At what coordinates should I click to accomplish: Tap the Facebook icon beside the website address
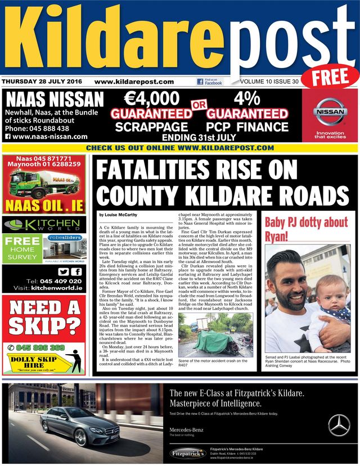click(x=200, y=82)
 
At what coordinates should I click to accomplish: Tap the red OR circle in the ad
click(x=200, y=106)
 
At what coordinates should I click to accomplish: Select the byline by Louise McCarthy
click(x=119, y=215)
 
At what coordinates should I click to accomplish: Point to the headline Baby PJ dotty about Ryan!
click(x=307, y=228)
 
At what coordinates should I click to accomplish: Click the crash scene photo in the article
click(x=217, y=334)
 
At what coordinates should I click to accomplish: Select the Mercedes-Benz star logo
click(x=339, y=425)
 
